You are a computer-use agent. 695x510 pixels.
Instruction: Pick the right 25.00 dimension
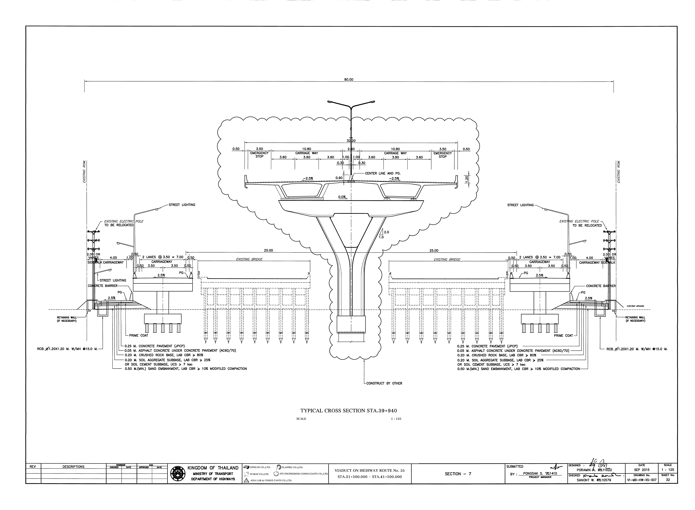click(434, 250)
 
